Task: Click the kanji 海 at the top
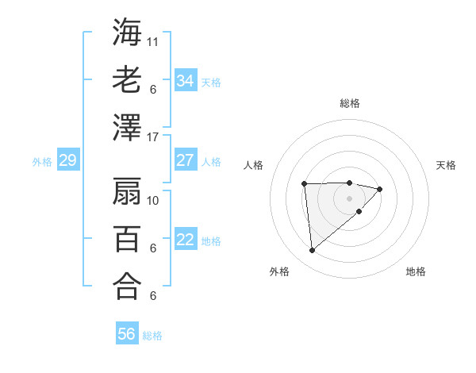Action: (x=127, y=33)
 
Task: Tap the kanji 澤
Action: (x=127, y=128)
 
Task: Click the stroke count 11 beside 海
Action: (x=153, y=40)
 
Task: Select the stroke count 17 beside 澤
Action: (x=153, y=137)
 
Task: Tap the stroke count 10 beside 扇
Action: (x=153, y=200)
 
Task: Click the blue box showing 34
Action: (x=185, y=80)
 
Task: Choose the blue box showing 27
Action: (x=185, y=160)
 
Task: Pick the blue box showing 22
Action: (x=185, y=240)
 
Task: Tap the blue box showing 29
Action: (x=67, y=161)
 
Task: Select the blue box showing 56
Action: (x=127, y=334)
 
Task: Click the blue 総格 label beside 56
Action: (x=152, y=336)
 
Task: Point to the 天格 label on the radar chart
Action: (x=447, y=165)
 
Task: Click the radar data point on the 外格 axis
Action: (x=313, y=251)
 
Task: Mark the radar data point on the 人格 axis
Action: (x=305, y=184)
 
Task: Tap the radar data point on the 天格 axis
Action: (x=380, y=189)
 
